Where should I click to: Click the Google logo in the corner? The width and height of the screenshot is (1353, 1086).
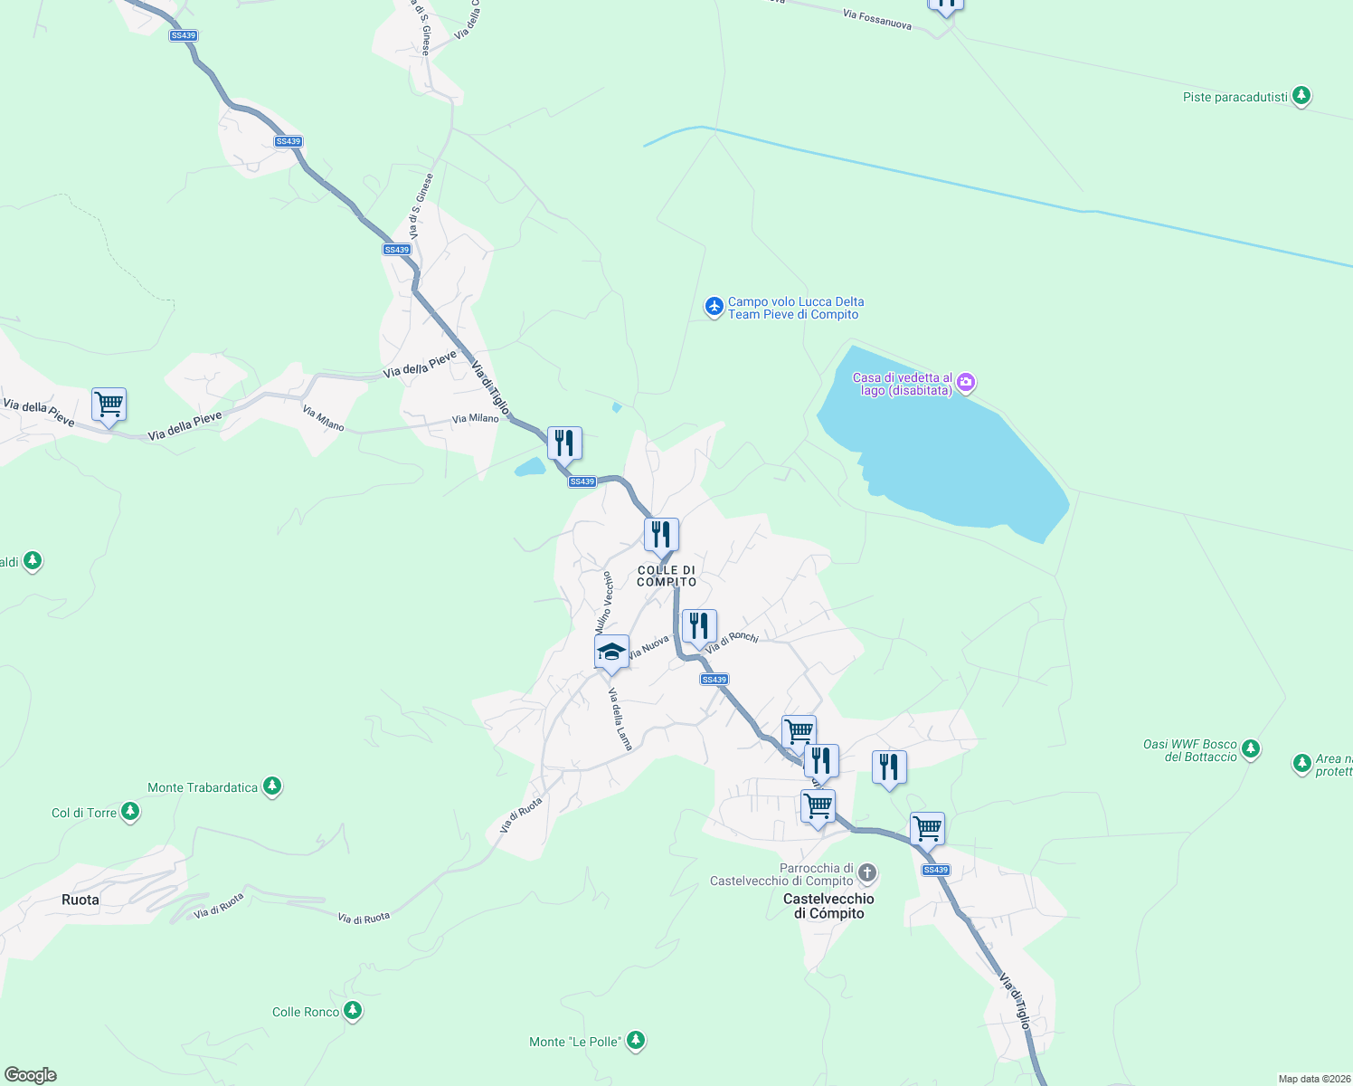[x=31, y=1075]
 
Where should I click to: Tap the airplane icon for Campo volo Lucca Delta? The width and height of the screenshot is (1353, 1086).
[x=714, y=308]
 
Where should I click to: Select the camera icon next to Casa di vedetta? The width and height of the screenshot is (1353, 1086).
[x=966, y=383]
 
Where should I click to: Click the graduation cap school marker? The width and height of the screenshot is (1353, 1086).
[x=611, y=653]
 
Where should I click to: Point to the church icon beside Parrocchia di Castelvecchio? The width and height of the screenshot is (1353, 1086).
[x=866, y=873]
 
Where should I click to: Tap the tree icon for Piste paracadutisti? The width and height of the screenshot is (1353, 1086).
[x=1301, y=96]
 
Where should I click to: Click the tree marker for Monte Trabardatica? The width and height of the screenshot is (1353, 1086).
[x=272, y=786]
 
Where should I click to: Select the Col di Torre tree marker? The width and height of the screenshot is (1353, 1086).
[x=130, y=812]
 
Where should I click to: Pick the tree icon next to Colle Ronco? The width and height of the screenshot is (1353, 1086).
[x=353, y=1011]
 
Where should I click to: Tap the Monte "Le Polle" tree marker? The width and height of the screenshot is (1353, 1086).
[x=636, y=1041]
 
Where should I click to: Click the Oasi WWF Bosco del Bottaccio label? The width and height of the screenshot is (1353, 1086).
[x=1189, y=750]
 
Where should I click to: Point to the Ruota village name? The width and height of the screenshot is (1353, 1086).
[x=80, y=900]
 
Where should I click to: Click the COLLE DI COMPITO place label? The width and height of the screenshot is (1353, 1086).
[x=667, y=576]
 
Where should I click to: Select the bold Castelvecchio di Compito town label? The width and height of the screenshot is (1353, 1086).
[x=828, y=906]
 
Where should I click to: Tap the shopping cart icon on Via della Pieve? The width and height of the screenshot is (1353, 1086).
[x=109, y=405]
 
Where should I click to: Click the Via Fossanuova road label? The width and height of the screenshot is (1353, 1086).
[x=876, y=19]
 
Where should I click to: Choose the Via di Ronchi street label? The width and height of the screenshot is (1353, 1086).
[x=732, y=641]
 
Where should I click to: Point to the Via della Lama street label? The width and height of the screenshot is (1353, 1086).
[x=620, y=719]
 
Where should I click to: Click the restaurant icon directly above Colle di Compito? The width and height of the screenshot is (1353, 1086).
[x=661, y=535]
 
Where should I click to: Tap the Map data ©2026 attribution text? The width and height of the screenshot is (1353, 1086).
[x=1313, y=1079]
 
